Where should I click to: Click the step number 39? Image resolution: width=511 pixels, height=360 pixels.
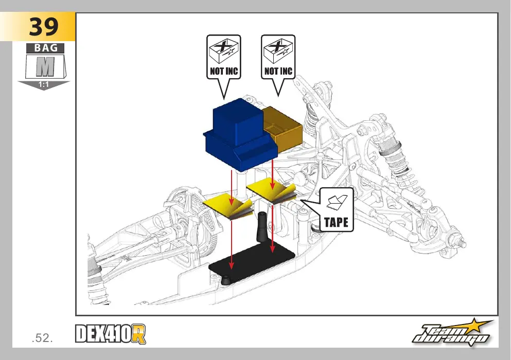44,27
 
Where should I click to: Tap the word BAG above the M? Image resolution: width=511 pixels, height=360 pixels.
45,48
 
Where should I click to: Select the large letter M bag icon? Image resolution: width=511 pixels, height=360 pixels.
45,66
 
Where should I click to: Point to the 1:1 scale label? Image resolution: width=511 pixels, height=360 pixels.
43,85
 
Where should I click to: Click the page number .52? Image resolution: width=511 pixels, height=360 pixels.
42,338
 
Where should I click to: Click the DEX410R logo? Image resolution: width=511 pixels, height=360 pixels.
111,334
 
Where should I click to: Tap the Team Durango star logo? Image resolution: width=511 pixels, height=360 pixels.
453,333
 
